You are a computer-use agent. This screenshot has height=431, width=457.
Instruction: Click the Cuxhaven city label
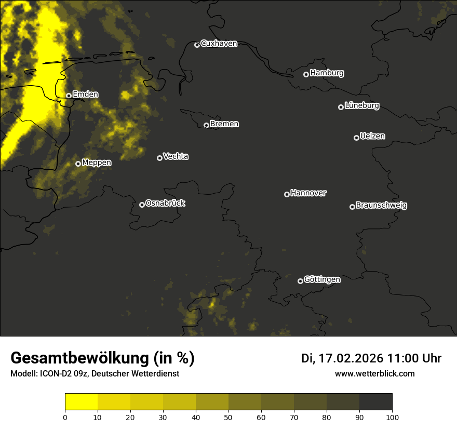(x=219, y=44)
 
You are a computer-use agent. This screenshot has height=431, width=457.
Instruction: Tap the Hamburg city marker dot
(x=306, y=74)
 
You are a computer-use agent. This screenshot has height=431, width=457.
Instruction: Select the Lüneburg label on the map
(x=361, y=106)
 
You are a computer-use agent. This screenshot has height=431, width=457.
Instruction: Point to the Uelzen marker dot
(x=356, y=138)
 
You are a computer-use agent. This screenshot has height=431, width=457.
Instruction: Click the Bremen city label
(x=224, y=124)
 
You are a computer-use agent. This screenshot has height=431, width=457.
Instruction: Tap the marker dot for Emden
(x=69, y=96)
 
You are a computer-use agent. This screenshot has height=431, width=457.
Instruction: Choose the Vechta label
(x=176, y=156)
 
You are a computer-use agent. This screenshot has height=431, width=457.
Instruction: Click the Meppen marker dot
(x=78, y=164)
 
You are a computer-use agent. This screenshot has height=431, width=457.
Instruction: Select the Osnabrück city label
(x=165, y=203)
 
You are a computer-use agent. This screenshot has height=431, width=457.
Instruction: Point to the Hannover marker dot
(x=287, y=194)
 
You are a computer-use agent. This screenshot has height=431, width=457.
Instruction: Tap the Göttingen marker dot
(x=300, y=281)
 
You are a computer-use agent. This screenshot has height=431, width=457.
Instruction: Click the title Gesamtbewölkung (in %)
(x=102, y=358)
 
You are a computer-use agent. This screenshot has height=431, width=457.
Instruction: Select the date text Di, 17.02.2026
(x=342, y=358)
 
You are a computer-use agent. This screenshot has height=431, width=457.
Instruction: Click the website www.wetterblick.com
(x=374, y=374)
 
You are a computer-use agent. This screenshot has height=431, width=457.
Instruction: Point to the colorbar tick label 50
(x=228, y=417)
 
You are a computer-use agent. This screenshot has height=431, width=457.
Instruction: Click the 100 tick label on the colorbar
(x=392, y=417)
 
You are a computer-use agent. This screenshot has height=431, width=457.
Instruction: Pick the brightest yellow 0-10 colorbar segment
(x=81, y=402)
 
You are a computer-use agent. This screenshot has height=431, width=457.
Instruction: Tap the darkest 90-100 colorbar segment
(x=375, y=402)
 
